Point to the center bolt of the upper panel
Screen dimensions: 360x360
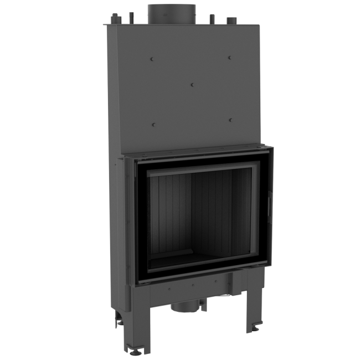click(x=191, y=85)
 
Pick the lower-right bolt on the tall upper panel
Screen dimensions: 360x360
click(x=229, y=120)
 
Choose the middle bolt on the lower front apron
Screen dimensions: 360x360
click(x=193, y=287)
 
